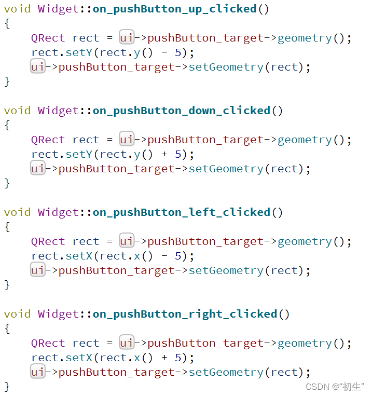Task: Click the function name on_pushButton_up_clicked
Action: [x=174, y=9]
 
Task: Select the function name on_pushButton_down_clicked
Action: [x=181, y=111]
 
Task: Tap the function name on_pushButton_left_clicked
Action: [x=181, y=212]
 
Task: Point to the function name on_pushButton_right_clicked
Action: [x=185, y=314]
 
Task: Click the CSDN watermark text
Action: [x=335, y=386]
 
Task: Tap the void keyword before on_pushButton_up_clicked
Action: [x=17, y=9]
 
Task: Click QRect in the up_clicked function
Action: [x=48, y=38]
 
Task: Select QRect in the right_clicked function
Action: [x=48, y=343]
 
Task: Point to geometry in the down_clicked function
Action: [x=305, y=140]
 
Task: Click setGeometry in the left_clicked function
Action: [x=226, y=270]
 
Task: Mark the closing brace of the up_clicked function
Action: [x=7, y=81]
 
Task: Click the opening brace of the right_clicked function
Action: [x=7, y=329]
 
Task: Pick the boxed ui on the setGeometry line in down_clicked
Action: [x=37, y=169]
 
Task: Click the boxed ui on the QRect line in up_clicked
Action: [x=127, y=38]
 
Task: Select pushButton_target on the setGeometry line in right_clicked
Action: [x=116, y=372]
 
